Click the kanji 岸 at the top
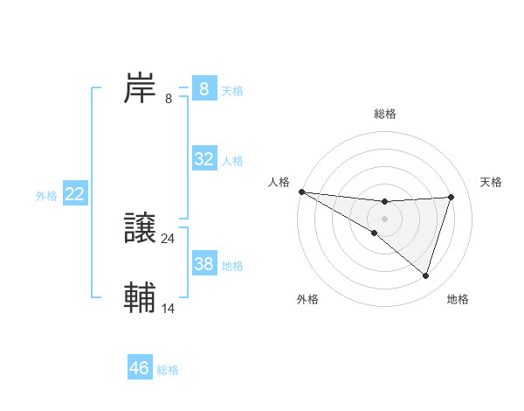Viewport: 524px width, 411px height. [x=140, y=88]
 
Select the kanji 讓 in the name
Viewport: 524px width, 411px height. [x=140, y=228]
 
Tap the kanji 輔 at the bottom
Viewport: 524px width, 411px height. [x=140, y=297]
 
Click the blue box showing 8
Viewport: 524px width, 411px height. [x=204, y=88]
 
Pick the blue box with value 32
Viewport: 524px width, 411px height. [x=204, y=159]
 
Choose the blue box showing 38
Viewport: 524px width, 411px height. [x=204, y=263]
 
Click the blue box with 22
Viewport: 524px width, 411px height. [x=75, y=194]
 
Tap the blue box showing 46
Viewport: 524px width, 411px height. [x=140, y=367]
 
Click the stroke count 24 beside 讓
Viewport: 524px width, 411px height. [x=169, y=238]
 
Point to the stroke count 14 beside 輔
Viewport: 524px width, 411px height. [x=169, y=308]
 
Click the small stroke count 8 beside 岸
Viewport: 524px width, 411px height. [x=169, y=99]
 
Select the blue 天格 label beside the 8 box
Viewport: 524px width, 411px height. [x=232, y=90]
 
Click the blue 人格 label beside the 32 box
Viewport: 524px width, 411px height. [x=232, y=161]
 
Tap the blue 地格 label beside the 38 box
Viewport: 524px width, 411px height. [x=232, y=265]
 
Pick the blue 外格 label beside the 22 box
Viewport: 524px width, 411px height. [x=46, y=196]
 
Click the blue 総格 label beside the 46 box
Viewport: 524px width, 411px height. [x=168, y=369]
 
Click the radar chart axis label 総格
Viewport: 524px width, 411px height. [x=385, y=114]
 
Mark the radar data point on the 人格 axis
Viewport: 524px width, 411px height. [x=301, y=191]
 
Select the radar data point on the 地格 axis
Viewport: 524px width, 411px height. [x=426, y=275]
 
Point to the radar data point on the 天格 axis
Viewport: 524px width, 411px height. [x=452, y=197]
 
